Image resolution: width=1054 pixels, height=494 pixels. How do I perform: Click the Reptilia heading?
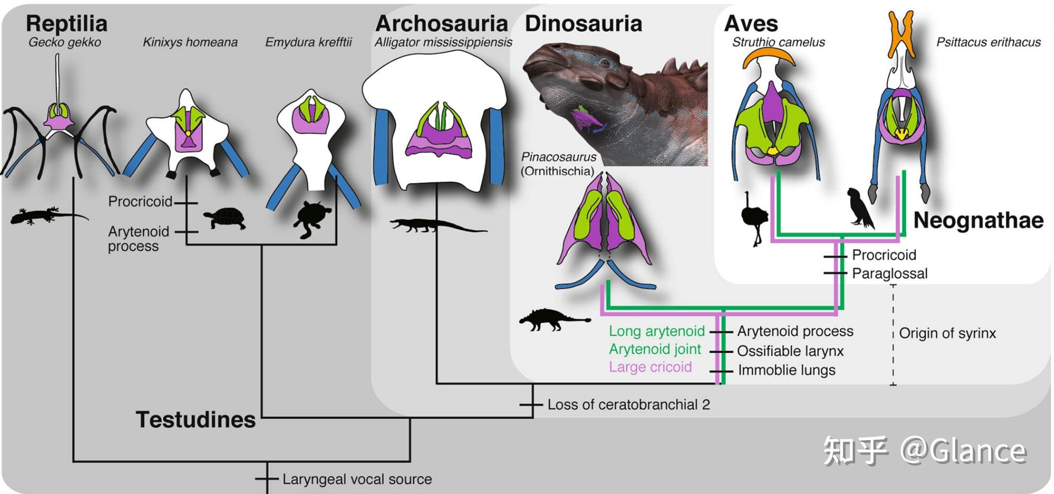tap(66, 23)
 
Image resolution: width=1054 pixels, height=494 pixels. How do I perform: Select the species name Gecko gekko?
tap(64, 42)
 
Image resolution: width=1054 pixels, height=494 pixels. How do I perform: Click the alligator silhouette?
tap(438, 226)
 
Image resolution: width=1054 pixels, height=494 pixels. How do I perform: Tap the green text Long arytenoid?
tap(656, 331)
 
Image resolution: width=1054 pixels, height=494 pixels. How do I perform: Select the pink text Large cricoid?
tap(650, 367)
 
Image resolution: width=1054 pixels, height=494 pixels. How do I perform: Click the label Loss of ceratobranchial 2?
tap(628, 405)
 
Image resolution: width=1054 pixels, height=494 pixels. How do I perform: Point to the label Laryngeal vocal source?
tap(357, 480)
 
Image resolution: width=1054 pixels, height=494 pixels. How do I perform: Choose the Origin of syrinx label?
tap(947, 333)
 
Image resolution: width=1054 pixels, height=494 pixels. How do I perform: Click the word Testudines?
tap(196, 420)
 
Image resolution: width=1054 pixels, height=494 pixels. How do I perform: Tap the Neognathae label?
tap(978, 220)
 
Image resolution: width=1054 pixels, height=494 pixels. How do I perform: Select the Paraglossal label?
tap(890, 273)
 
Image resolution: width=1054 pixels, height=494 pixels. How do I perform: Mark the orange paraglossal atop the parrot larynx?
tap(902, 33)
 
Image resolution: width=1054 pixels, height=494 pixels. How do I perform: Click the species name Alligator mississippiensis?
tap(443, 42)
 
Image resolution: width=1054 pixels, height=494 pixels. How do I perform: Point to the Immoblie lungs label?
tap(787, 370)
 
